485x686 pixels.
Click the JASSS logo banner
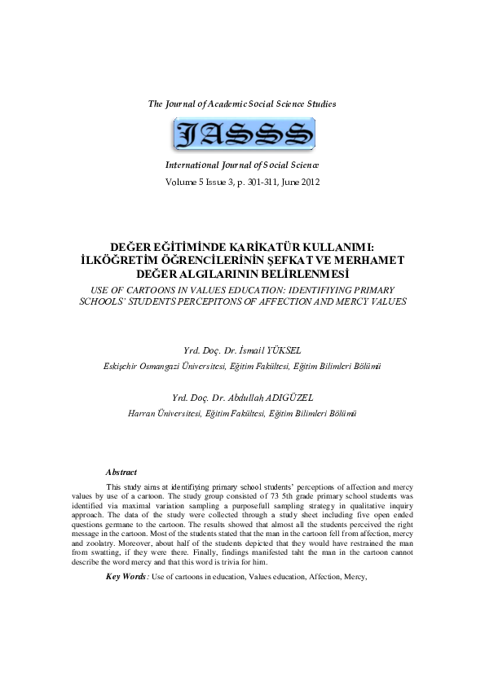[243, 134]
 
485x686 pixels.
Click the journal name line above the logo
[242, 103]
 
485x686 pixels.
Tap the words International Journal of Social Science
[242, 165]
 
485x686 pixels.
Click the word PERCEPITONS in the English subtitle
[227, 301]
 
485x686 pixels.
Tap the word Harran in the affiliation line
[145, 413]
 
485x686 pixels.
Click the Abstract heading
[121, 472]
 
